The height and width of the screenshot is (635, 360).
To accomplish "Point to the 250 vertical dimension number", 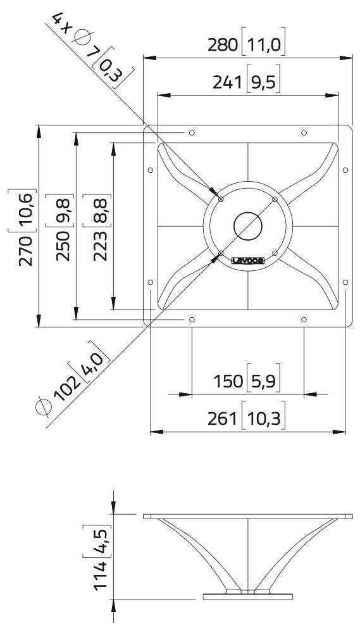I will [x=63, y=245].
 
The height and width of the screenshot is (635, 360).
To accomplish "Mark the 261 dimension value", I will [x=221, y=419].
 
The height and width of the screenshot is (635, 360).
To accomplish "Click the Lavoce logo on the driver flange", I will [x=248, y=260].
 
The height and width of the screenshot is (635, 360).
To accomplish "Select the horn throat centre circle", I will [x=247, y=225].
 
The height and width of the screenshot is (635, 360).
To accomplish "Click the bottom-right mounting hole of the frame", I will [x=304, y=320].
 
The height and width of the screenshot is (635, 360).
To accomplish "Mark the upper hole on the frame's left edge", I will [x=150, y=170].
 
